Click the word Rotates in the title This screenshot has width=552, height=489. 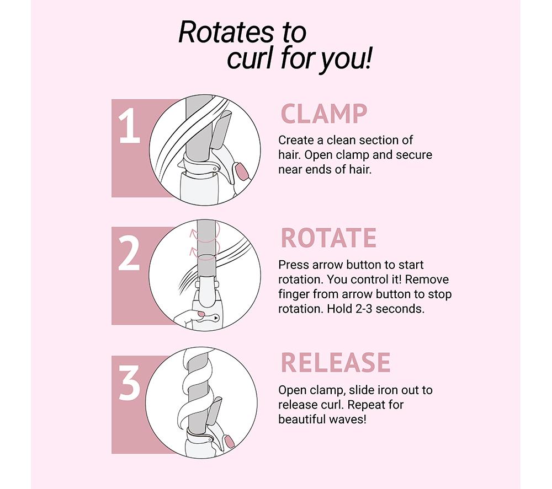(x=225, y=33)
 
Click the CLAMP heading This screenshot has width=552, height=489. (x=324, y=114)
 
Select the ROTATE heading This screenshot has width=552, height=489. (x=328, y=238)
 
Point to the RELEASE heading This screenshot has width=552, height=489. (x=336, y=362)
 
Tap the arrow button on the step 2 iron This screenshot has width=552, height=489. (x=215, y=318)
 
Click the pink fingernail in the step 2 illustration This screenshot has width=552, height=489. (x=201, y=314)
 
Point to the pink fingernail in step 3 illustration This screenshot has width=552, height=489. (x=229, y=442)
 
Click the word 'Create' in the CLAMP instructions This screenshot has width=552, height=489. (x=296, y=140)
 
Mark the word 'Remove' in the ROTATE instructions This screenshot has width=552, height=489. (x=427, y=280)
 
